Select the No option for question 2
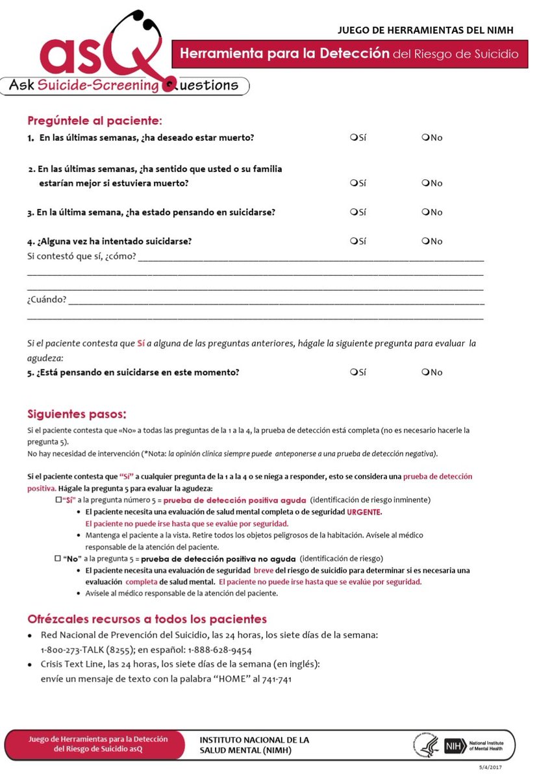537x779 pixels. pos(425,183)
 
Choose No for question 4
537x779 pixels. pos(425,241)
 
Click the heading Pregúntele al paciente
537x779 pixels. pos(94,120)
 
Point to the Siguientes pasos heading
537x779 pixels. pos(77,414)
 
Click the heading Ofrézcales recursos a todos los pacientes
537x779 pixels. pos(147,619)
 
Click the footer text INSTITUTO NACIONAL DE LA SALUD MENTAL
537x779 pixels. pos(254,745)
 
